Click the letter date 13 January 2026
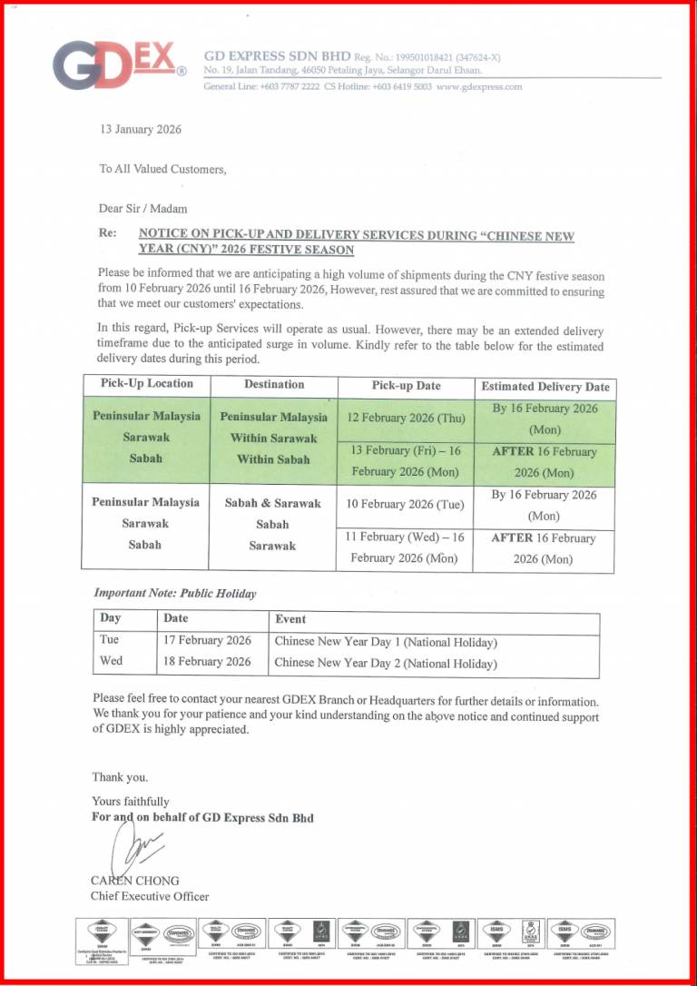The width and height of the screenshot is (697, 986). point(141,129)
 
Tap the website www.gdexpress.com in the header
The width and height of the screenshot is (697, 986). point(479,87)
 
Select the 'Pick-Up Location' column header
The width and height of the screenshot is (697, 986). point(146,384)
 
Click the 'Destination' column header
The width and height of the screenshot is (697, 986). point(274,384)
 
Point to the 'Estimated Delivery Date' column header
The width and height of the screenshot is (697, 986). point(545,387)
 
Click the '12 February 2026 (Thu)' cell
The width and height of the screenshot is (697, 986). point(405,419)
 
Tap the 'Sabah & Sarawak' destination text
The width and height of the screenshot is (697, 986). point(273,503)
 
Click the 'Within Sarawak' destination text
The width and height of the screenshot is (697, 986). point(273,438)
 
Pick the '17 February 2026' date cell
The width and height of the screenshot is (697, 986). point(207,640)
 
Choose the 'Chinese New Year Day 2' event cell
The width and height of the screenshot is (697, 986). point(386,663)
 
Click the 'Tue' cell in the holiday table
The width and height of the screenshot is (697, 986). point(109,640)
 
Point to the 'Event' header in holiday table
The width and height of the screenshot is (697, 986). point(290,619)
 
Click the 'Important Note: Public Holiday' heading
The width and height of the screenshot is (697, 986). point(175,594)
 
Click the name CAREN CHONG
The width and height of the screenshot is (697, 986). point(134,881)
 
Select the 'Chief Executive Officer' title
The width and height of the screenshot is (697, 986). point(149,896)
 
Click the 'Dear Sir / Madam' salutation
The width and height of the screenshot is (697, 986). point(142,209)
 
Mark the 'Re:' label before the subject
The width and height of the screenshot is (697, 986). point(107,233)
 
